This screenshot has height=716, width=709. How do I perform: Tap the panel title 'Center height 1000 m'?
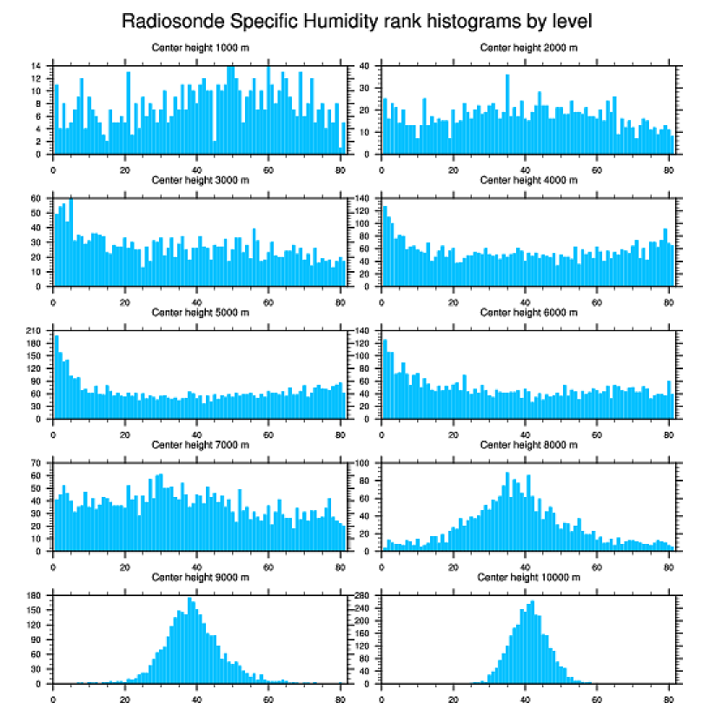point(200,47)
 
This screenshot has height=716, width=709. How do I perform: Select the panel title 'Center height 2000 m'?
point(527,47)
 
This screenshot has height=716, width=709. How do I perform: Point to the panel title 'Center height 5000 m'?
point(200,312)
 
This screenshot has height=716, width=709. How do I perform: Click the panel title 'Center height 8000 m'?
point(527,444)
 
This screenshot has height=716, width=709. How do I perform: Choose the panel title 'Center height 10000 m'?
point(527,577)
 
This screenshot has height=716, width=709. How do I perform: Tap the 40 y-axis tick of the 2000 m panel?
point(365,66)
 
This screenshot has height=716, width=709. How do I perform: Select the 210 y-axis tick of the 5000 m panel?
point(35,331)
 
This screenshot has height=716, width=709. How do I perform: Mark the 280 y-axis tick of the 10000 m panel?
point(363,596)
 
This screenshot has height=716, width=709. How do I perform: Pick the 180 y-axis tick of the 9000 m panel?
point(35,596)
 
